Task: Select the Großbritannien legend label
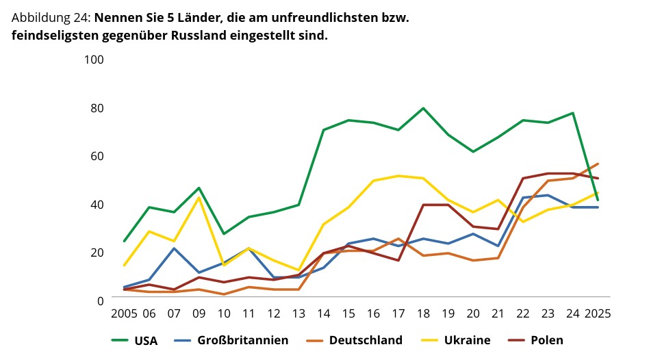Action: tap(242, 340)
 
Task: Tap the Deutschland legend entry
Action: tap(365, 340)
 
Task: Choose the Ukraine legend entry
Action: tap(467, 340)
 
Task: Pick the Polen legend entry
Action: tap(546, 340)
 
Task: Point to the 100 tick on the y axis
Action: tap(94, 60)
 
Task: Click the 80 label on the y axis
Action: tap(97, 108)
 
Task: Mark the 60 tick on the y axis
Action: tap(97, 156)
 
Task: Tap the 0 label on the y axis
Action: tap(100, 300)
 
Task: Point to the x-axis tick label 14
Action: tap(323, 314)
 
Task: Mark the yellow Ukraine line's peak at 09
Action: tap(199, 197)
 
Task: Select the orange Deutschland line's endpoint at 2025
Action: tap(598, 164)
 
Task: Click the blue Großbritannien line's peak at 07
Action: tap(175, 248)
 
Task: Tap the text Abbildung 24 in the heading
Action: tap(50, 18)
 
